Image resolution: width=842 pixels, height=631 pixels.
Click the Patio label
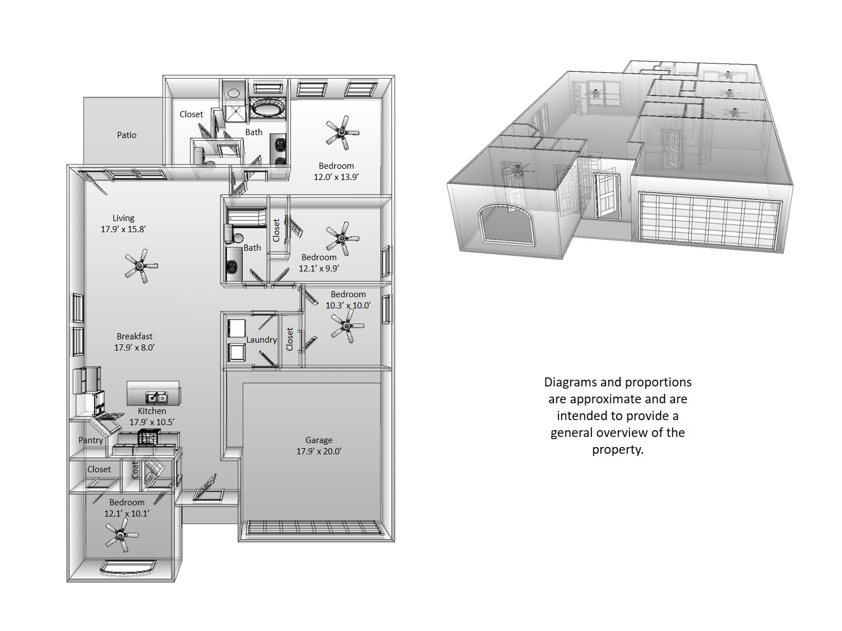click(127, 135)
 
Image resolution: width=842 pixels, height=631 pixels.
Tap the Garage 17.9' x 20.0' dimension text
click(319, 451)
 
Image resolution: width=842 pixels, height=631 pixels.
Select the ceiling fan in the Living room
click(141, 266)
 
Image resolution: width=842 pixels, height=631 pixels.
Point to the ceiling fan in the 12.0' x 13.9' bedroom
click(342, 133)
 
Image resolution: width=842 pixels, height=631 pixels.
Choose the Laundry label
click(262, 340)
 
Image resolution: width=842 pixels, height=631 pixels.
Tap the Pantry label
click(90, 440)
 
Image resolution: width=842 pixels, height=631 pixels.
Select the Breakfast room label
click(135, 336)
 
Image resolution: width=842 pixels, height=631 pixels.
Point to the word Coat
click(135, 470)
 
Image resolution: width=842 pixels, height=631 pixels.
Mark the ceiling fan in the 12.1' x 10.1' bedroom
click(121, 535)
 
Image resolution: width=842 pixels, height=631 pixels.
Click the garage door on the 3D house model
click(710, 222)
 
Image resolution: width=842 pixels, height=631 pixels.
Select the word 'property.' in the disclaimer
click(618, 449)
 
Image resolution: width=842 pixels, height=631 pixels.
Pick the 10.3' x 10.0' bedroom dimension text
click(348, 306)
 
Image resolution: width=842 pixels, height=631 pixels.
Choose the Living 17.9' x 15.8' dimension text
click(123, 229)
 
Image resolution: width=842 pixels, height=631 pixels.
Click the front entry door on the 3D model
click(607, 196)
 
